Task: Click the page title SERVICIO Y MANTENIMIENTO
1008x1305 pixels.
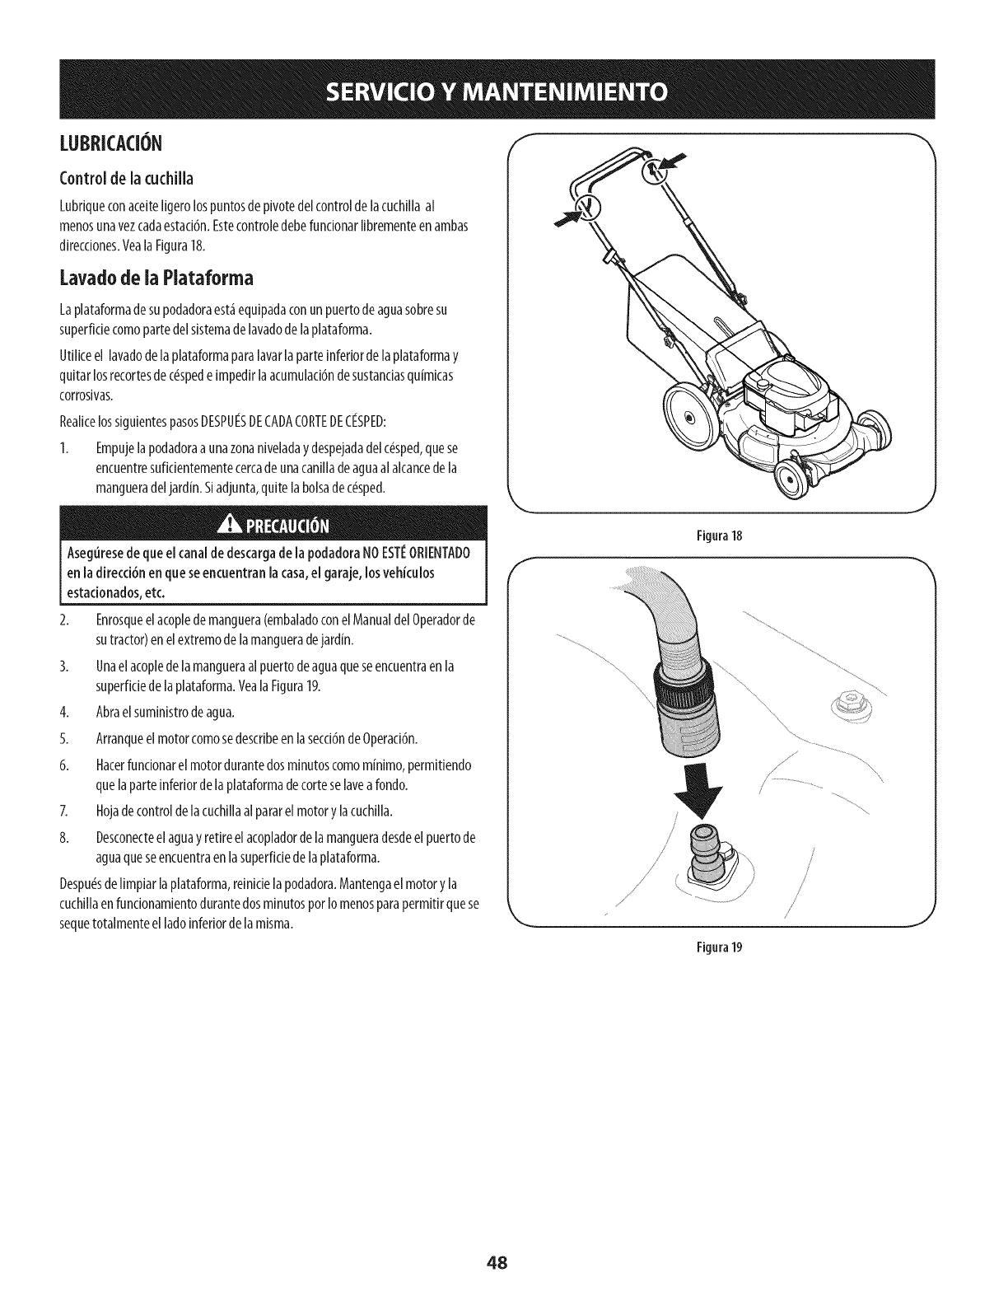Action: click(x=504, y=90)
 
